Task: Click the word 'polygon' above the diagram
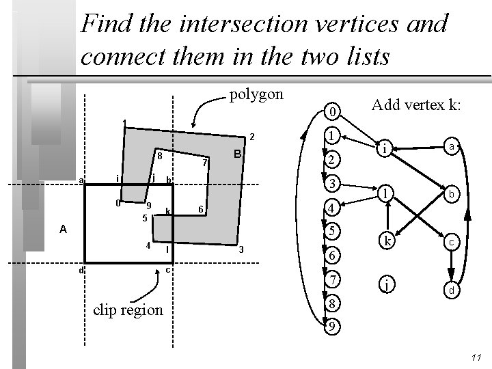(x=256, y=94)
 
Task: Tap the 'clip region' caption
(x=128, y=310)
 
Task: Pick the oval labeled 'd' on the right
(x=451, y=290)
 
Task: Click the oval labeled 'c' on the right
(x=451, y=242)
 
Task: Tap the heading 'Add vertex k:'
(x=416, y=105)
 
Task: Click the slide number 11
(x=477, y=357)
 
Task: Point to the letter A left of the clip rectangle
(x=62, y=230)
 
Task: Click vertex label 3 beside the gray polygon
(x=241, y=251)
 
